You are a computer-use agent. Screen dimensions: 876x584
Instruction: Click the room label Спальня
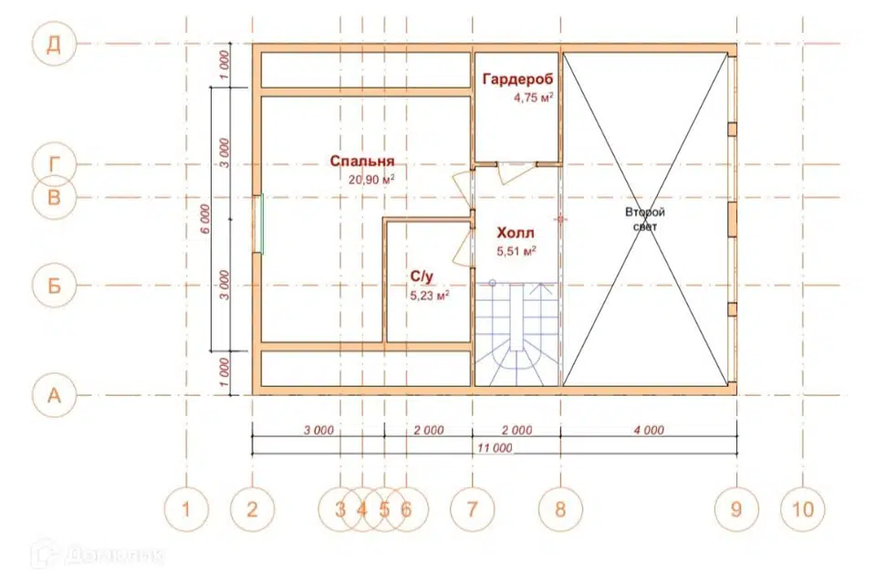tap(362, 161)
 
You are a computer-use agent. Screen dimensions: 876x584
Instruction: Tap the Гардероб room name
tap(518, 79)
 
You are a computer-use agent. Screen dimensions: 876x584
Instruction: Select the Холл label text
tap(516, 233)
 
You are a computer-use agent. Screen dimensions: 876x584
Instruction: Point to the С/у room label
tap(422, 276)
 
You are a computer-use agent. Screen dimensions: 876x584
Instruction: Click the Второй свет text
tap(645, 220)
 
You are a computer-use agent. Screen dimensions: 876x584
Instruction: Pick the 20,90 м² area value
tap(372, 180)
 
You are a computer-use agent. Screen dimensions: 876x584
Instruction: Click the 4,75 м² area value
tap(534, 98)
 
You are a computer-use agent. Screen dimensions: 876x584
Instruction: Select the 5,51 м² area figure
tap(516, 251)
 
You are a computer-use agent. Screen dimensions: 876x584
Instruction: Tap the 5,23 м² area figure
tap(430, 295)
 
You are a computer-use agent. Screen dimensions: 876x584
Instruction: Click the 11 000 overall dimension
tap(495, 448)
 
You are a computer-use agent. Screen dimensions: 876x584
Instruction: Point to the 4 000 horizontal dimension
tap(649, 430)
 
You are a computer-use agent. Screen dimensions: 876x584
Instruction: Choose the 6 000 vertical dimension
tap(205, 219)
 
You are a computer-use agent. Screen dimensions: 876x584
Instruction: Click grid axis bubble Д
tap(54, 44)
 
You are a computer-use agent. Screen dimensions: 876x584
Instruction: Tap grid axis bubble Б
tap(54, 286)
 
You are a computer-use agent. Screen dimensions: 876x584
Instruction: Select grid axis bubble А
tap(54, 395)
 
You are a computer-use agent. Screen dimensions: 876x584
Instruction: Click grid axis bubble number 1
tap(186, 509)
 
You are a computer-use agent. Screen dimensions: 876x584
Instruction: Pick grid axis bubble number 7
tap(472, 509)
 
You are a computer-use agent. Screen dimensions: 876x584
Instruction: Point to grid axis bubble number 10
tap(803, 509)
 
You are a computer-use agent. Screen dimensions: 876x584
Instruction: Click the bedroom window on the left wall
tap(257, 224)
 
